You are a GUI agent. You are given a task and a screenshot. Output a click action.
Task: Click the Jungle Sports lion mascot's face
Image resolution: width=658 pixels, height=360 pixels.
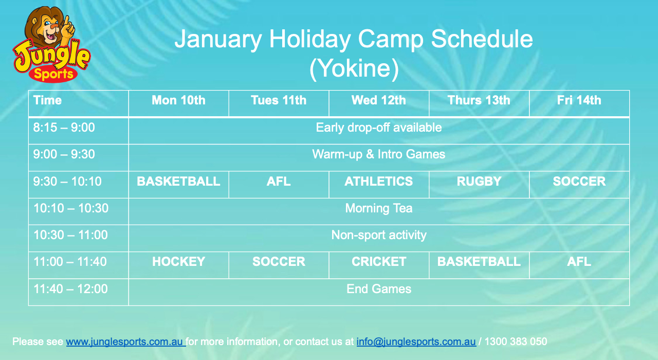coord(48,26)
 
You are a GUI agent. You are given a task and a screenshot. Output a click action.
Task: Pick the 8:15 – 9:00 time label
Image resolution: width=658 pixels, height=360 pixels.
coord(64,128)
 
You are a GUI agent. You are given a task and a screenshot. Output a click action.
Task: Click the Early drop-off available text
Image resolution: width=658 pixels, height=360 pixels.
coord(379,128)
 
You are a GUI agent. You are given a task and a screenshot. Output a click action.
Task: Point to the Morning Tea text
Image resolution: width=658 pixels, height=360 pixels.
coord(379,208)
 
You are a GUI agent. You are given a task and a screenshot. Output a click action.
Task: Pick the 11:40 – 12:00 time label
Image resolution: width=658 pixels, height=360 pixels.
coord(70,289)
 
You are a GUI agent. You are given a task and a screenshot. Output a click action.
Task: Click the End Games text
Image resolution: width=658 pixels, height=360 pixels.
coord(379,289)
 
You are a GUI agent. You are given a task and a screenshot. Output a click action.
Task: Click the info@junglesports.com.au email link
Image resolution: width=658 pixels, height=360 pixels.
coord(416,342)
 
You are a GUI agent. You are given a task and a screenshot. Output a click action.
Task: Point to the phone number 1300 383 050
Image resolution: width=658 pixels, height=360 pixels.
coord(516,342)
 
